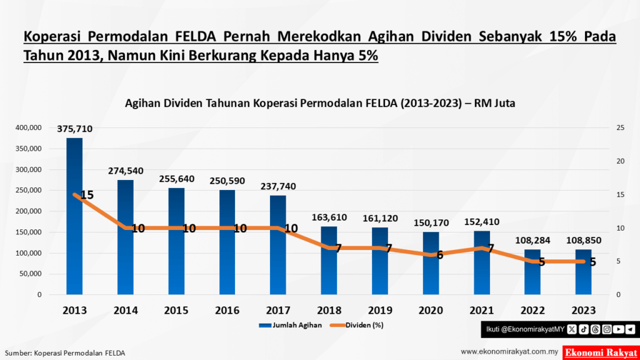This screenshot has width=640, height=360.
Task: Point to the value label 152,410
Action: [481, 222]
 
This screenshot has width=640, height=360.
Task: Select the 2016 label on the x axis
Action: [227, 310]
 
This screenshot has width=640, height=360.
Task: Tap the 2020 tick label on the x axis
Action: [431, 310]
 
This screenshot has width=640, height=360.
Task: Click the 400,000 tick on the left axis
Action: [26, 127]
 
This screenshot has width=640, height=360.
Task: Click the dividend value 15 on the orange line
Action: [87, 195]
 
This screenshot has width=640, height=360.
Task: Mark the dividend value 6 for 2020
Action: [439, 255]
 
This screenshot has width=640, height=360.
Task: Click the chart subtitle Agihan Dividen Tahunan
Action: [319, 103]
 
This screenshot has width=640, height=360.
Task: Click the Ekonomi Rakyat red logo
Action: [601, 352]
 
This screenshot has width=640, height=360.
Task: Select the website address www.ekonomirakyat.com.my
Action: [509, 352]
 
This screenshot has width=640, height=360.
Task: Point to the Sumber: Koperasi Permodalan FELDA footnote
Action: [65, 352]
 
